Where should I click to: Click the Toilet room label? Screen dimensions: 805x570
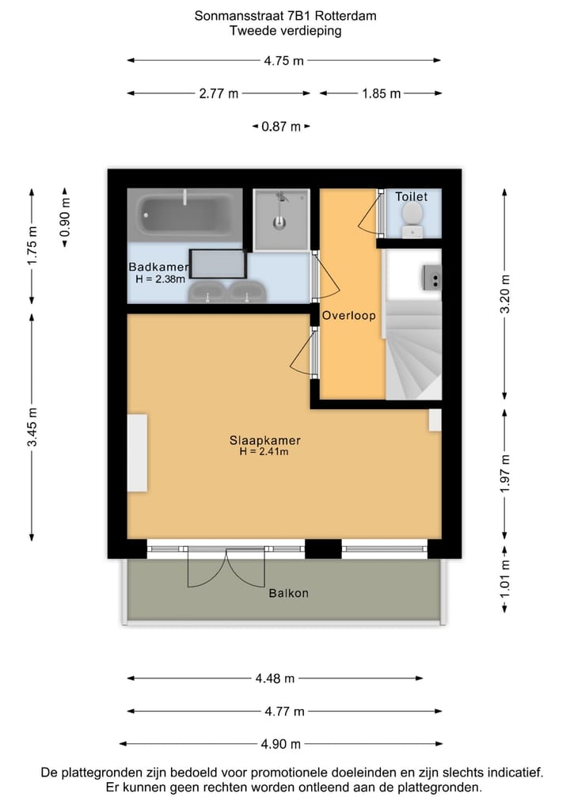(x=412, y=196)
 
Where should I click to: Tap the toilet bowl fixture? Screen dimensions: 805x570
(x=412, y=215)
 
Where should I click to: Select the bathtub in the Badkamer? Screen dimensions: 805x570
(x=184, y=211)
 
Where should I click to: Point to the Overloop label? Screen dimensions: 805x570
(x=348, y=316)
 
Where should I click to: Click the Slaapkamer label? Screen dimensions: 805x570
(x=264, y=440)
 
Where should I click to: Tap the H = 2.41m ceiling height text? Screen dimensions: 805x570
(x=264, y=452)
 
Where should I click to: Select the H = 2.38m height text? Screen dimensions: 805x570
(x=160, y=279)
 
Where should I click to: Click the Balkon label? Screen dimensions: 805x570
(x=287, y=593)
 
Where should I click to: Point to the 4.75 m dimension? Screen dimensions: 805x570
(x=284, y=60)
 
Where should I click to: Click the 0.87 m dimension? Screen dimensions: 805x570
(x=281, y=127)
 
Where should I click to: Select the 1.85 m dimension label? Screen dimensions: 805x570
(x=381, y=93)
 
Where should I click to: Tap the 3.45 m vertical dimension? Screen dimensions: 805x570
(x=32, y=427)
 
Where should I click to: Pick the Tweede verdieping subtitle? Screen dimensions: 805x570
(x=285, y=32)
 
